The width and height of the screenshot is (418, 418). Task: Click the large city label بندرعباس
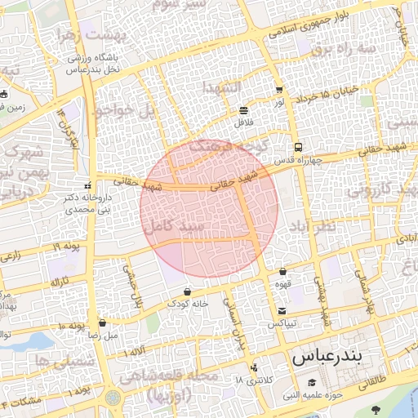pyautogui.click(x=320, y=357)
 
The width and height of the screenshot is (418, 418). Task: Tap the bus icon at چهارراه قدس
pyautogui.click(x=297, y=148)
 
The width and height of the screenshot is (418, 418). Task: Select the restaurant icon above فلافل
pyautogui.click(x=243, y=110)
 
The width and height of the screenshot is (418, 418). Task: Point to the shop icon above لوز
pyautogui.click(x=279, y=91)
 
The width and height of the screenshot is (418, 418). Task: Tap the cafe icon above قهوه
pyautogui.click(x=282, y=272)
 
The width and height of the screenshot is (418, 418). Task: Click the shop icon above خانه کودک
pyautogui.click(x=188, y=291)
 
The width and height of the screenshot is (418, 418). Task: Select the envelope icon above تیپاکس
pyautogui.click(x=282, y=310)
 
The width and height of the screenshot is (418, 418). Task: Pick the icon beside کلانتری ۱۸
pyautogui.click(x=256, y=367)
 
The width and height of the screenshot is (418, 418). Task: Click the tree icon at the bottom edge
pyautogui.click(x=376, y=409)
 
